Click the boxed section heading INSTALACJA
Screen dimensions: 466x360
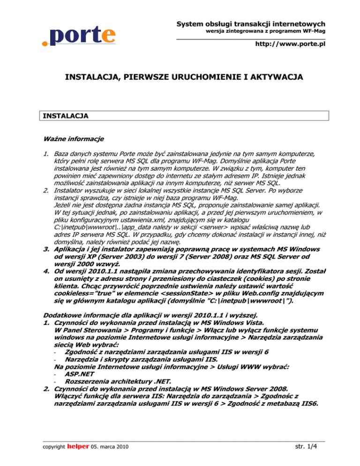tap(65, 115)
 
